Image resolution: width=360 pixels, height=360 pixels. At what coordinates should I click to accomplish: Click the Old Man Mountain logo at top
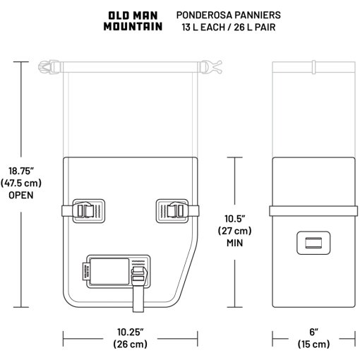[x=133, y=21]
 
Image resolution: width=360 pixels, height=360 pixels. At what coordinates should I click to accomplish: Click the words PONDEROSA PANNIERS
[x=229, y=15]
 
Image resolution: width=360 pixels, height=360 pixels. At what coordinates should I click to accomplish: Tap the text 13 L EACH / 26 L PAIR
[x=229, y=28]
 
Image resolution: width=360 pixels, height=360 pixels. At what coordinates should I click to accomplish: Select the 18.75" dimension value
[x=21, y=171]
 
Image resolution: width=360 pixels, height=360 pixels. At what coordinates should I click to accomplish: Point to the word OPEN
[x=21, y=195]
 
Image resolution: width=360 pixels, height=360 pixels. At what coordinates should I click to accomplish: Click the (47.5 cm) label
[x=21, y=183]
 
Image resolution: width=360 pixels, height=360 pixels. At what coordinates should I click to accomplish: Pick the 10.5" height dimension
[x=235, y=219]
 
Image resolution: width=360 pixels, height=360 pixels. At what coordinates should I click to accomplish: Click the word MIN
[x=235, y=243]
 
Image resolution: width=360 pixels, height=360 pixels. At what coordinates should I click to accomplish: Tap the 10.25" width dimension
[x=130, y=332]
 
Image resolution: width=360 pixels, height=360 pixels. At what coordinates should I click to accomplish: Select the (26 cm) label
[x=130, y=344]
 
